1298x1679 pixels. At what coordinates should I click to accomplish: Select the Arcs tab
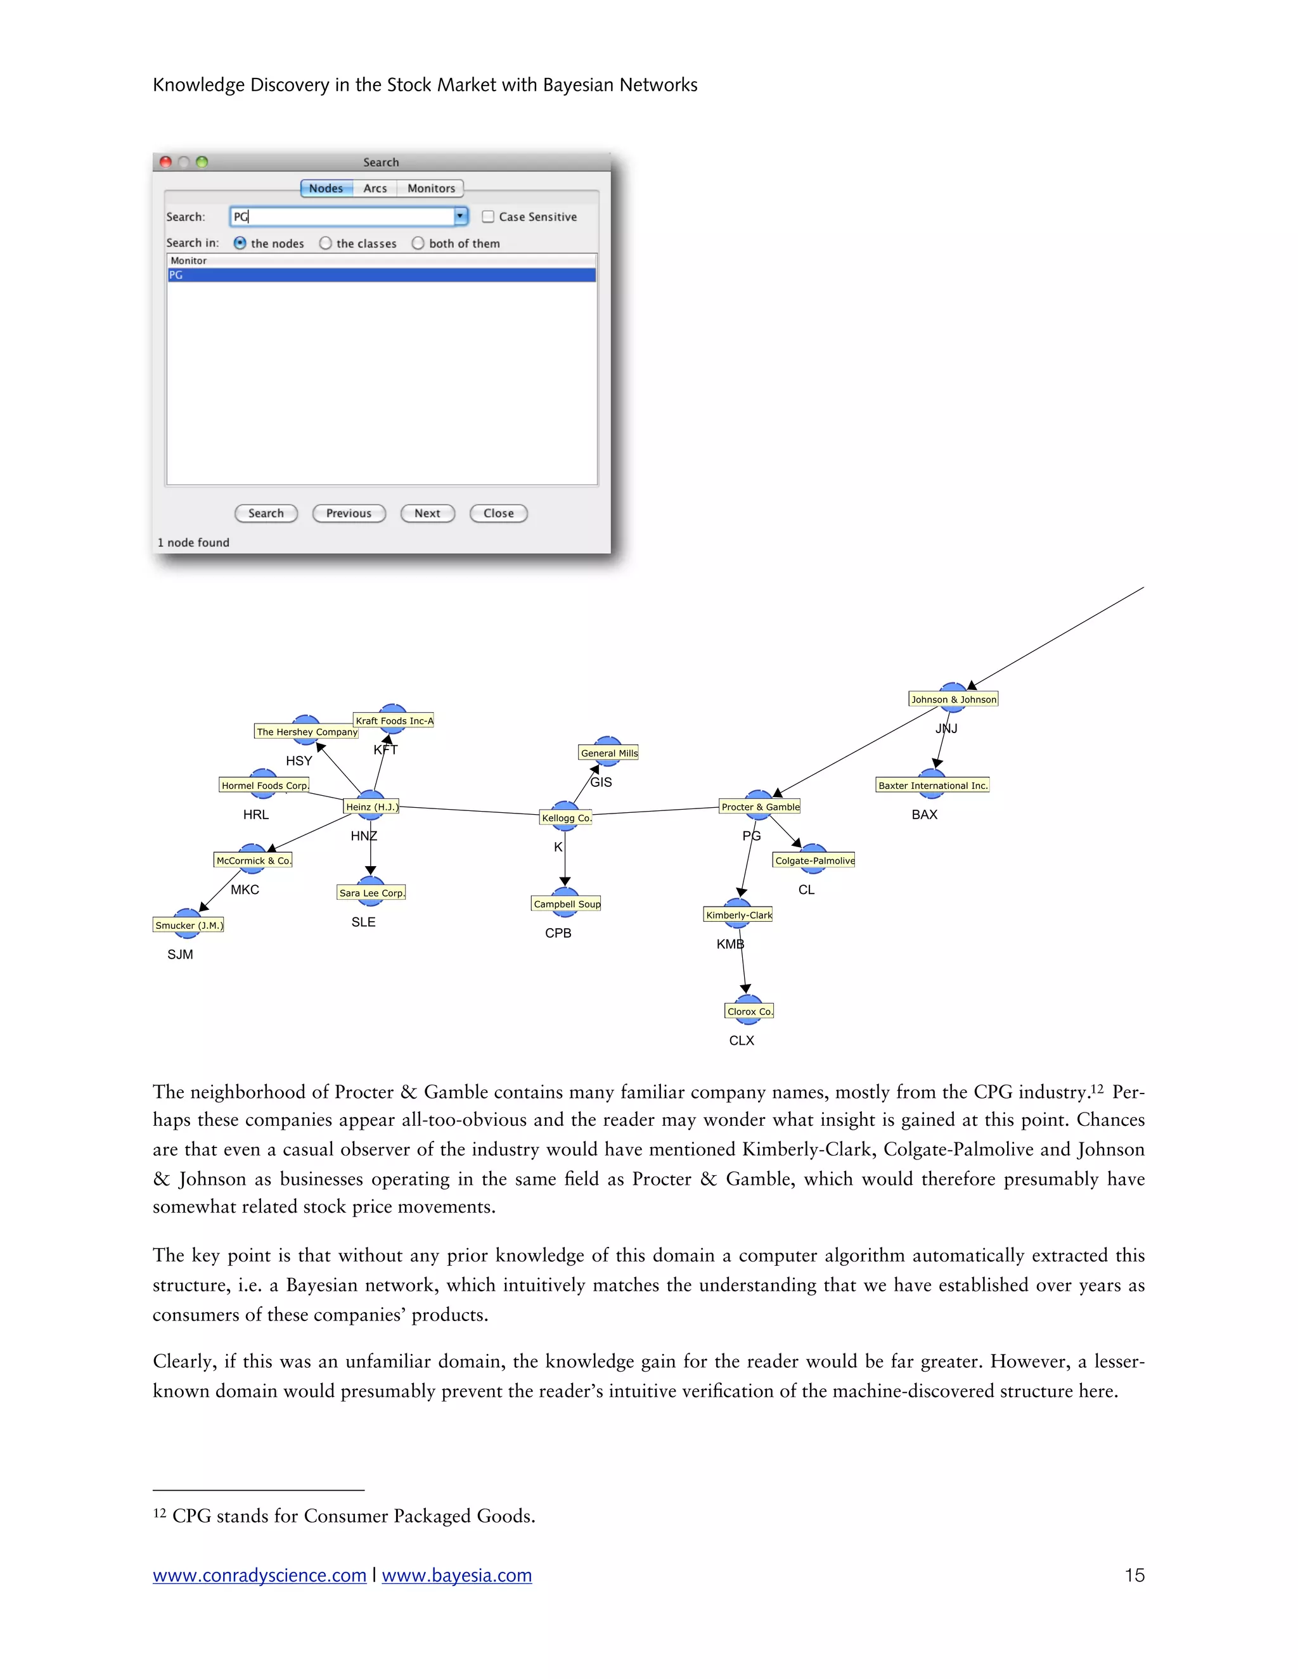(x=375, y=188)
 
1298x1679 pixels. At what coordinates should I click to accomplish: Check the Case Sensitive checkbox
(x=487, y=217)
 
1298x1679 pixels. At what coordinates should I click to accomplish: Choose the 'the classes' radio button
(x=325, y=243)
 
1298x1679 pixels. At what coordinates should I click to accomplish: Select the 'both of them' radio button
(x=418, y=243)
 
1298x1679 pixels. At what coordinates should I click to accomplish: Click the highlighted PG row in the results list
(x=381, y=275)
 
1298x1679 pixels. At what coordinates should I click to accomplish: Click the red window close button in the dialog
(x=165, y=162)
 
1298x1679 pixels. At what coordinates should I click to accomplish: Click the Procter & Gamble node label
(x=760, y=807)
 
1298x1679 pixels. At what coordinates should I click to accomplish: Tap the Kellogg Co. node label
(x=566, y=818)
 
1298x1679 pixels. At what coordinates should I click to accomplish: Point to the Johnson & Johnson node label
(x=953, y=699)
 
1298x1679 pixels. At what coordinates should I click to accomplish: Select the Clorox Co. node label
(x=749, y=1011)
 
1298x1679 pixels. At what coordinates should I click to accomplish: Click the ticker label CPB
(x=558, y=933)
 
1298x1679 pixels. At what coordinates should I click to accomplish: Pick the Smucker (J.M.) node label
(x=188, y=925)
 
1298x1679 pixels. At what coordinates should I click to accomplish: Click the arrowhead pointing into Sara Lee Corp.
(x=371, y=871)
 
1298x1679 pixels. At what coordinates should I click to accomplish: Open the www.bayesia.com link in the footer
(x=457, y=1575)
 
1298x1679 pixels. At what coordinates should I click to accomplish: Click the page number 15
(x=1134, y=1575)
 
